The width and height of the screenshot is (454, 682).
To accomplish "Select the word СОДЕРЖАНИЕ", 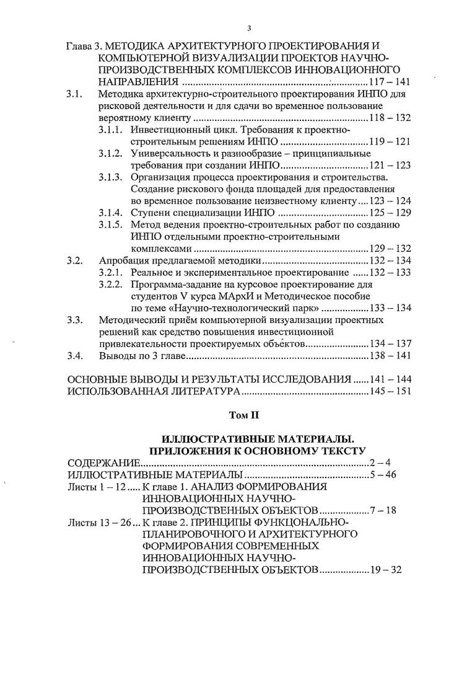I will (104, 463).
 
